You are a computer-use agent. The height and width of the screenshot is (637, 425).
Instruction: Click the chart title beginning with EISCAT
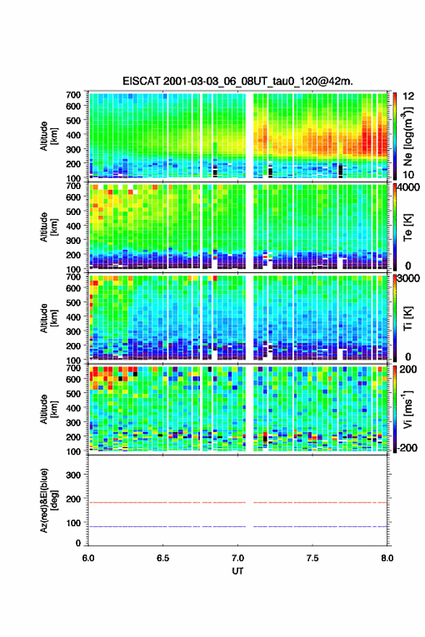coord(237,81)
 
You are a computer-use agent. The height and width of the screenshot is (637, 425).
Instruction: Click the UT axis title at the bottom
coord(237,571)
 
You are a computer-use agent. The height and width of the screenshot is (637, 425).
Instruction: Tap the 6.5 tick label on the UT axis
coord(163,558)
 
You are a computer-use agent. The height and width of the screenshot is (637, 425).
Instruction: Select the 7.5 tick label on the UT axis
coord(312,558)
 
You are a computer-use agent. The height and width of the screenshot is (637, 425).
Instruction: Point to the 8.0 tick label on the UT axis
coord(387,558)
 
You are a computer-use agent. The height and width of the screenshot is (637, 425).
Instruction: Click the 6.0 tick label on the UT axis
coord(88,558)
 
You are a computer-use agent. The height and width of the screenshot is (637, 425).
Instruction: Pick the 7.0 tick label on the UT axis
coord(237,558)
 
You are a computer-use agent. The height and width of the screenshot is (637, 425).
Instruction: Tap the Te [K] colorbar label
coord(408,227)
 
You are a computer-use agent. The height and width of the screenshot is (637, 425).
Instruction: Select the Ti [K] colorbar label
coord(408,318)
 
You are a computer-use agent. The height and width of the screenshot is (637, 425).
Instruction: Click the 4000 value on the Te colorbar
coord(408,187)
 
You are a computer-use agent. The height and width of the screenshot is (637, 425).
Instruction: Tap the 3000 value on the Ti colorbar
coord(408,278)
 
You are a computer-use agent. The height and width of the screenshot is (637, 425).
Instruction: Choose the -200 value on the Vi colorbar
coord(407,447)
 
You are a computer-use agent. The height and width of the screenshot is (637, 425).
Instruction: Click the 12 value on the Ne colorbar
coord(408,96)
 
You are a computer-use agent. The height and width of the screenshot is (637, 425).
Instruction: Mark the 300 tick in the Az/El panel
coord(73,475)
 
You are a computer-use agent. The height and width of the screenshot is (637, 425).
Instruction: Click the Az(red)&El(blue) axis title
coord(49,500)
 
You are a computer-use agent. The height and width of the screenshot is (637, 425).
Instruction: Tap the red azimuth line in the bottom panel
coord(237,502)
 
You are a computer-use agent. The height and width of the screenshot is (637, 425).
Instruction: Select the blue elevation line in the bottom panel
coord(237,526)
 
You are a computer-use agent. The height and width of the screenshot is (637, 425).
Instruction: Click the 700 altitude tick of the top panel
coord(73,95)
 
